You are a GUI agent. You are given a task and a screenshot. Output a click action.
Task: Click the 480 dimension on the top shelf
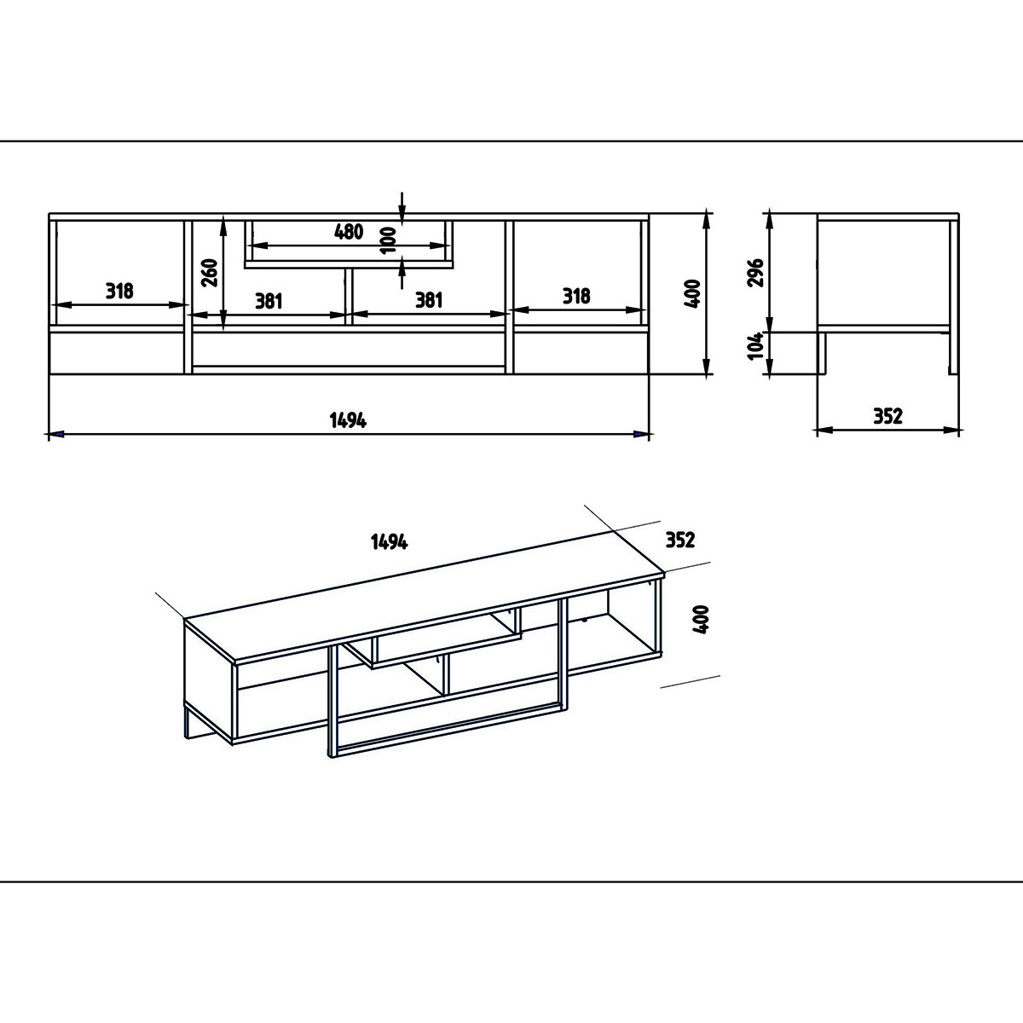349,232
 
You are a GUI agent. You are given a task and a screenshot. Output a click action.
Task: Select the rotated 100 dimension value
388,240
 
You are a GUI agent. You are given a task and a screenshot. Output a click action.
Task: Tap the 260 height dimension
211,272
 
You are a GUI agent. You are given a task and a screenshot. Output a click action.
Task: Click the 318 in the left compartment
119,291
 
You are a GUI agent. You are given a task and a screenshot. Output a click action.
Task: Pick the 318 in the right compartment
576,296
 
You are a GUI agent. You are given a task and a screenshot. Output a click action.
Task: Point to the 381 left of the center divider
269,301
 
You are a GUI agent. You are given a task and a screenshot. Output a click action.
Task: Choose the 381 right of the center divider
429,300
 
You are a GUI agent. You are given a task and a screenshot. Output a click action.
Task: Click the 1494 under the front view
348,420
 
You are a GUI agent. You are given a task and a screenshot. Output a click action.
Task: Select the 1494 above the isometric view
389,542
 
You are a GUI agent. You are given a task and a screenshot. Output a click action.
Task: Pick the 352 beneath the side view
887,416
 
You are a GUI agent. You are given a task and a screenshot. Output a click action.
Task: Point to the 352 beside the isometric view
680,540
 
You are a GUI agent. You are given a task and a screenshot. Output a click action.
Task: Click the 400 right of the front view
693,293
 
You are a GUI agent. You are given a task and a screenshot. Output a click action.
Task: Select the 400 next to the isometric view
701,619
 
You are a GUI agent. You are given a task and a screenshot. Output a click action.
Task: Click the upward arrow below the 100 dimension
402,273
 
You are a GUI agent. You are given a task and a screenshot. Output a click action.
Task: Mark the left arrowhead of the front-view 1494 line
55,434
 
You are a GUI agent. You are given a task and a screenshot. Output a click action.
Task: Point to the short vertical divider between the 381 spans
349,297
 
